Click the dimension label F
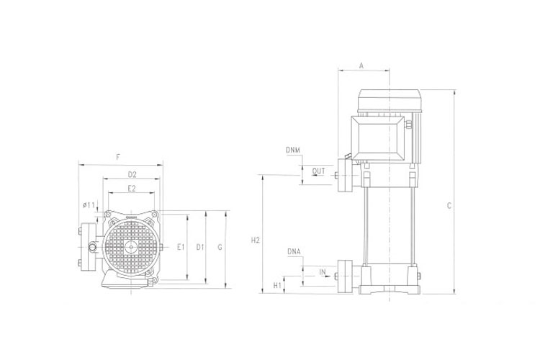[118, 157]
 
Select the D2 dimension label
[132, 174]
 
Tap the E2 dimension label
[132, 188]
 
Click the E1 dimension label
[181, 247]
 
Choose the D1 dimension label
[200, 247]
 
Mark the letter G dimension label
[220, 247]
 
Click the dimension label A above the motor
[362, 66]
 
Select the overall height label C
[449, 206]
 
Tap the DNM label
[292, 150]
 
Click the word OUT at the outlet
[319, 171]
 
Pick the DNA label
[294, 252]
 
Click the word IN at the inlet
[323, 273]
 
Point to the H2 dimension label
[256, 240]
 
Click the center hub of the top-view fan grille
[132, 247]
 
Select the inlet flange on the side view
[344, 276]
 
